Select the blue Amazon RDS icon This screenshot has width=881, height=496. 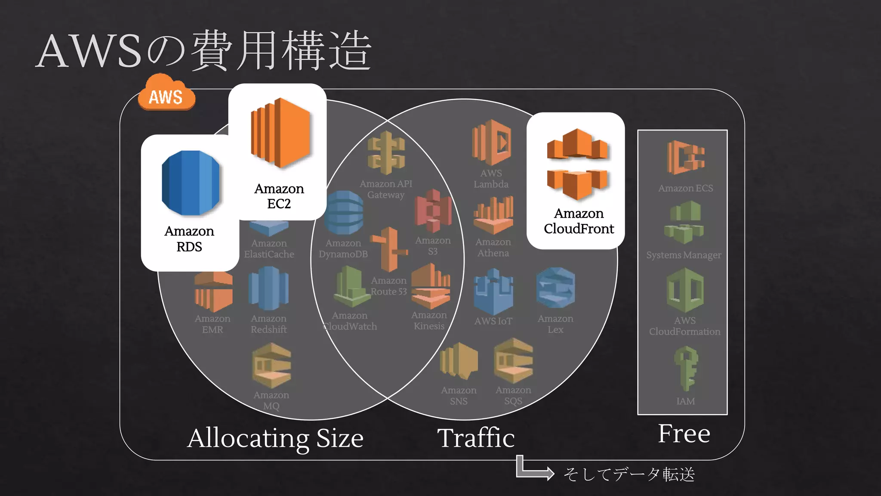click(x=191, y=183)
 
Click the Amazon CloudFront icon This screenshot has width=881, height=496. click(x=577, y=164)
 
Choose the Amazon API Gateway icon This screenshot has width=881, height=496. click(x=386, y=153)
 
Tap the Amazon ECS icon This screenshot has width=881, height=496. click(x=686, y=157)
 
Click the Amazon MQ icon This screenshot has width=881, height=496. click(x=271, y=365)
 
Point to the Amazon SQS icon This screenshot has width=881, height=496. click(x=513, y=361)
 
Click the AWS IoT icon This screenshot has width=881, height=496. click(x=493, y=291)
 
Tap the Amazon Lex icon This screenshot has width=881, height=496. click(x=555, y=288)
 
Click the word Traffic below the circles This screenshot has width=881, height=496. click(x=476, y=438)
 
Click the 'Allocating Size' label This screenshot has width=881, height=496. click(x=275, y=438)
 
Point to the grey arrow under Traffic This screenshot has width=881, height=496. click(x=534, y=468)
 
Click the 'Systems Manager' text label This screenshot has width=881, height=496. click(x=684, y=255)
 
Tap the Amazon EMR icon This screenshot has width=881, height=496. click(x=213, y=291)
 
